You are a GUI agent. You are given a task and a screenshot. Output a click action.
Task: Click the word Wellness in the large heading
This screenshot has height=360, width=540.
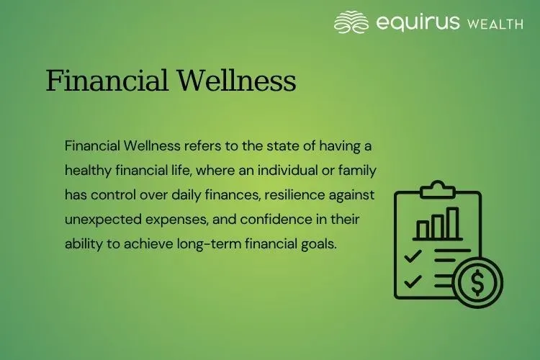[237, 81]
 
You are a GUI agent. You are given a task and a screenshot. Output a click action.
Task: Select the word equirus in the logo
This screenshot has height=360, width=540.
[418, 23]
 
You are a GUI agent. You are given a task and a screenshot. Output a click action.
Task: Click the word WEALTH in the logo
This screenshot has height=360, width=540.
[495, 24]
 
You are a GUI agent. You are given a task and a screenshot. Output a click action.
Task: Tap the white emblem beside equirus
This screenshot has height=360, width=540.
[351, 22]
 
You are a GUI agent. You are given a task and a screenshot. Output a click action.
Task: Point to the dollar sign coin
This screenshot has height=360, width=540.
[478, 282]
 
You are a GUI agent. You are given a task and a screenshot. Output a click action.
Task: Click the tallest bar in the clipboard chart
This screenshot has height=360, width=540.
[451, 223]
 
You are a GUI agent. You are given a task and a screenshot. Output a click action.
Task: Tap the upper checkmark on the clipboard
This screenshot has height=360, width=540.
[413, 256]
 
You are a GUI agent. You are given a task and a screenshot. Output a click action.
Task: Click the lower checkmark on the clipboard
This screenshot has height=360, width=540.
[413, 282]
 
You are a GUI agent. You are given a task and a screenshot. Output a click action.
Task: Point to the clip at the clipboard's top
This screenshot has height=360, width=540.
[438, 190]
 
